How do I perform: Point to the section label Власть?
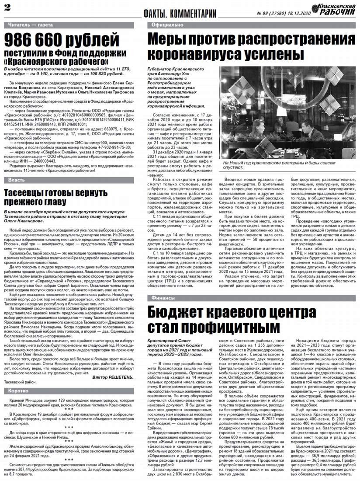[17, 180]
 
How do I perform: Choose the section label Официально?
[168, 25]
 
